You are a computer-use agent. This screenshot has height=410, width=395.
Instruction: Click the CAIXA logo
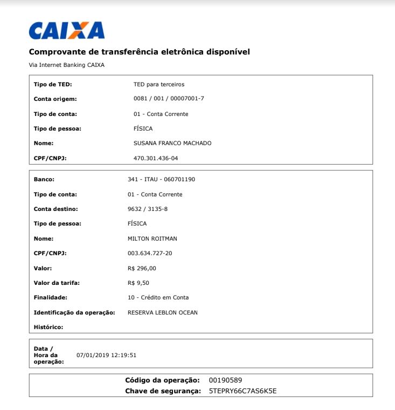tap(66, 31)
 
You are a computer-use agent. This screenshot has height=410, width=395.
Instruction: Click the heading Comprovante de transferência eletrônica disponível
tap(139, 52)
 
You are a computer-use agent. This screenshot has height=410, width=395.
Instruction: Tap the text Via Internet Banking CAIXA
tap(66, 65)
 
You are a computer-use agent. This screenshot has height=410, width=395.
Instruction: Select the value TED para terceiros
tap(159, 84)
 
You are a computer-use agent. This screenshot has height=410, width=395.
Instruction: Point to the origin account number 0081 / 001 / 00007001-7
tap(169, 99)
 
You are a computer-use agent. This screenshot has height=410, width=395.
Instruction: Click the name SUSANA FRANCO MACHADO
tap(172, 143)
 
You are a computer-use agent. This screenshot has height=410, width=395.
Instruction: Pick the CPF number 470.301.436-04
tap(156, 158)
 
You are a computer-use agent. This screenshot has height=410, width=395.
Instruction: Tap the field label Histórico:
tap(48, 327)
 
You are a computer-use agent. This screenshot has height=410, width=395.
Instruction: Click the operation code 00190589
tap(229, 380)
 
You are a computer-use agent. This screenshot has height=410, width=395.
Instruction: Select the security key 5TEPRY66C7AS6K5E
tap(242, 391)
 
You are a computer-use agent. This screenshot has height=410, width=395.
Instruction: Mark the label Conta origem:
tap(56, 99)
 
